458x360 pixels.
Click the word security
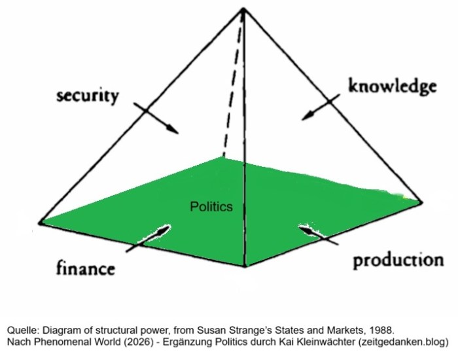click(x=88, y=96)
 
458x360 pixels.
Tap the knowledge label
click(x=393, y=86)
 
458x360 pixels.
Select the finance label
click(x=85, y=268)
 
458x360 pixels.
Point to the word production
click(x=398, y=260)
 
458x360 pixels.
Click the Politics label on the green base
click(x=211, y=207)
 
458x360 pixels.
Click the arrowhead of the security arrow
click(x=173, y=129)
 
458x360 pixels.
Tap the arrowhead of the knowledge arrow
click(x=308, y=115)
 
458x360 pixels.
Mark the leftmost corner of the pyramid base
click(x=40, y=223)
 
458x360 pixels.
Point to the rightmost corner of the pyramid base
click(x=422, y=202)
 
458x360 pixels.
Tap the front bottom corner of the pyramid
click(x=245, y=266)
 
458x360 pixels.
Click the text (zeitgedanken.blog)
click(x=404, y=342)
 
